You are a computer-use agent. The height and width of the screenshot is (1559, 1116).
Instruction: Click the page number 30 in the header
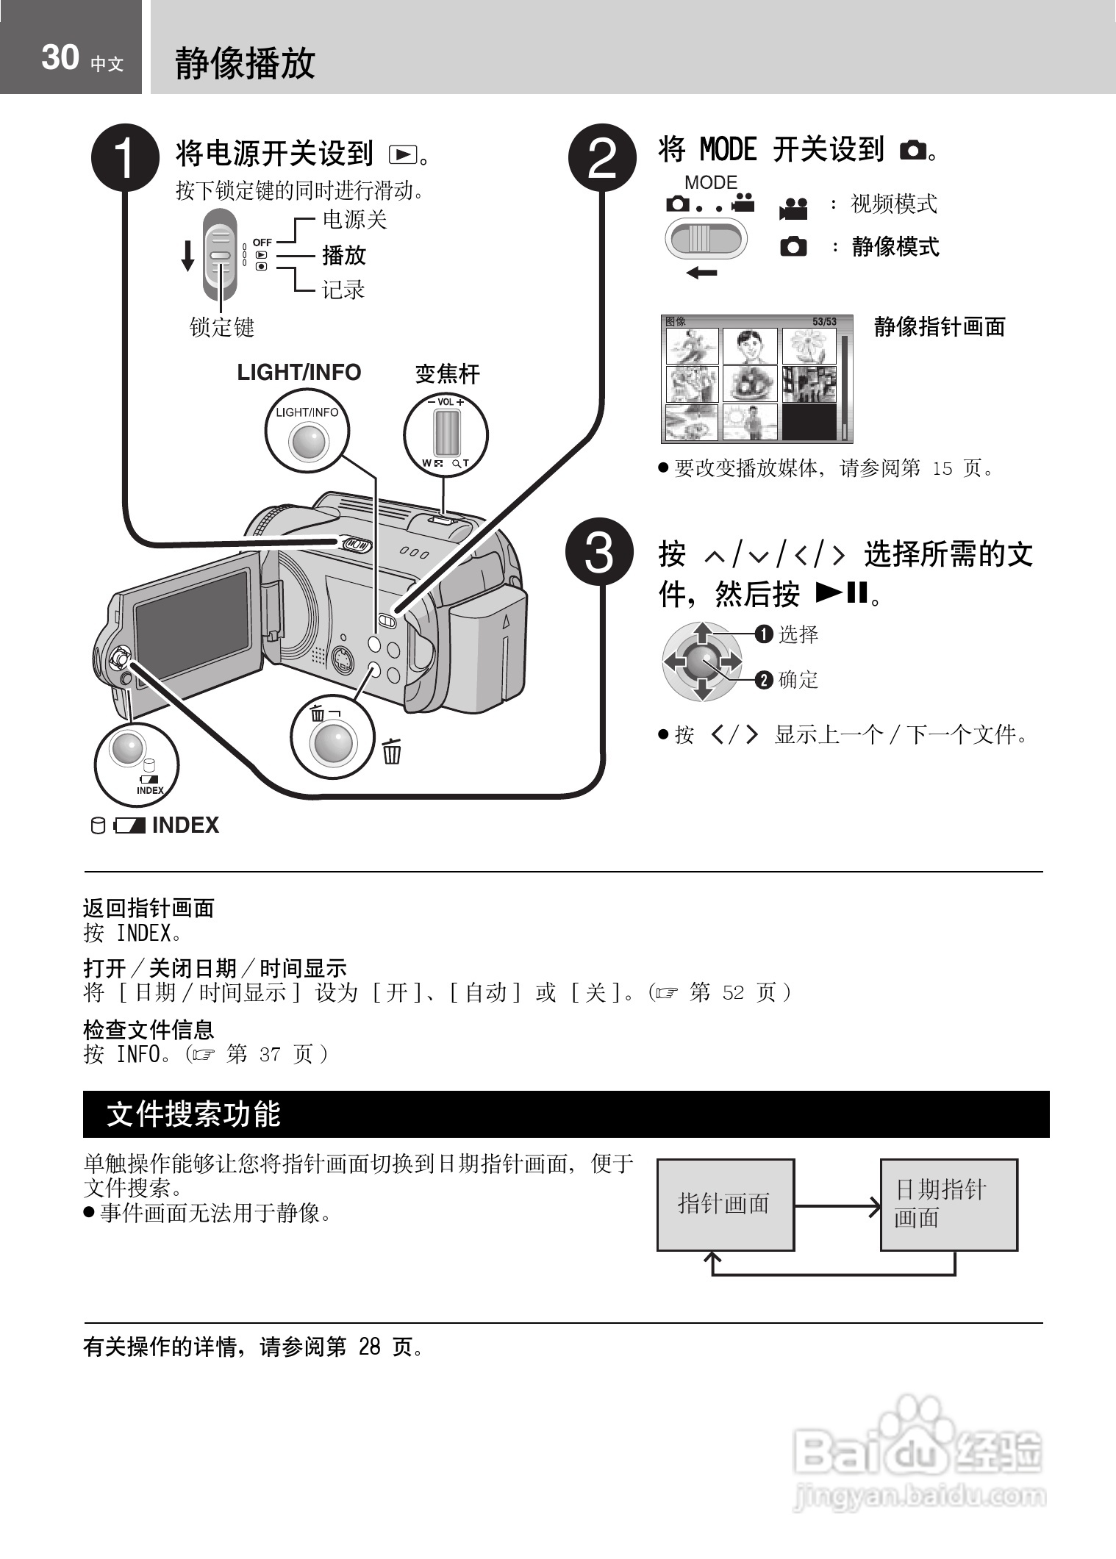pyautogui.click(x=60, y=57)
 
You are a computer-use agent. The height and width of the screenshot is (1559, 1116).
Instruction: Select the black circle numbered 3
pyautogui.click(x=599, y=553)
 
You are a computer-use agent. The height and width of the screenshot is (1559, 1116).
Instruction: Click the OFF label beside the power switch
pyautogui.click(x=262, y=242)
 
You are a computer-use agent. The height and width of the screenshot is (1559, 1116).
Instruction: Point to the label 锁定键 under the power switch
pyautogui.click(x=221, y=327)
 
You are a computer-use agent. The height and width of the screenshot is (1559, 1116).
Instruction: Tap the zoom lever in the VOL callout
pyautogui.click(x=446, y=434)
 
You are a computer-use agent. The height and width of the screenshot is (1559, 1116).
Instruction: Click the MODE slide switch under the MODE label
pyautogui.click(x=705, y=239)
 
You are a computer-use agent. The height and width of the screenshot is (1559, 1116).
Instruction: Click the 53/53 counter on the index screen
pyautogui.click(x=824, y=322)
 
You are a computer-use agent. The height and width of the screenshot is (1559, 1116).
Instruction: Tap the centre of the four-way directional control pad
pyautogui.click(x=703, y=661)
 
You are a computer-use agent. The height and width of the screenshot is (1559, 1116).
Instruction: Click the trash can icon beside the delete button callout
pyautogui.click(x=392, y=752)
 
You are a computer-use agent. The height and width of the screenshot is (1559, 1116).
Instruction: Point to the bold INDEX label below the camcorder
pyautogui.click(x=185, y=825)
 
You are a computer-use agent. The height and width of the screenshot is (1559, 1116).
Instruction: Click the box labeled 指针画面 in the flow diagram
pyautogui.click(x=725, y=1204)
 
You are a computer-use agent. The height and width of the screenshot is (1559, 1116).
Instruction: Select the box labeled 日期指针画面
pyautogui.click(x=948, y=1204)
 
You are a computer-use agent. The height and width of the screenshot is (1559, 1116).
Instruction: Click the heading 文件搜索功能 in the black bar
pyautogui.click(x=193, y=1114)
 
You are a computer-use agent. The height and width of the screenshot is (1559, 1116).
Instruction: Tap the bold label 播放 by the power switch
pyautogui.click(x=344, y=256)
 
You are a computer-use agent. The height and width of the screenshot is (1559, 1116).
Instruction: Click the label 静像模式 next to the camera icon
pyautogui.click(x=895, y=247)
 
